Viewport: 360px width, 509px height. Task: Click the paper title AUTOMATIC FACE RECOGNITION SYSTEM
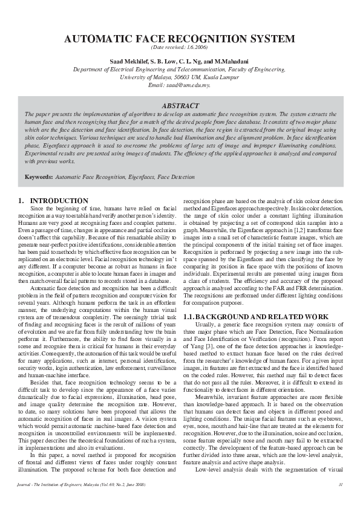(x=180, y=39)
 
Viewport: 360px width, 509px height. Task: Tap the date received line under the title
(x=180, y=47)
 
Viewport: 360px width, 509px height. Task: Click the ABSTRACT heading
(x=180, y=105)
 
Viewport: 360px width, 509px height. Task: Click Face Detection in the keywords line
(x=176, y=177)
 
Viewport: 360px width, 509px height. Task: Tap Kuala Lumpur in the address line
(x=218, y=77)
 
